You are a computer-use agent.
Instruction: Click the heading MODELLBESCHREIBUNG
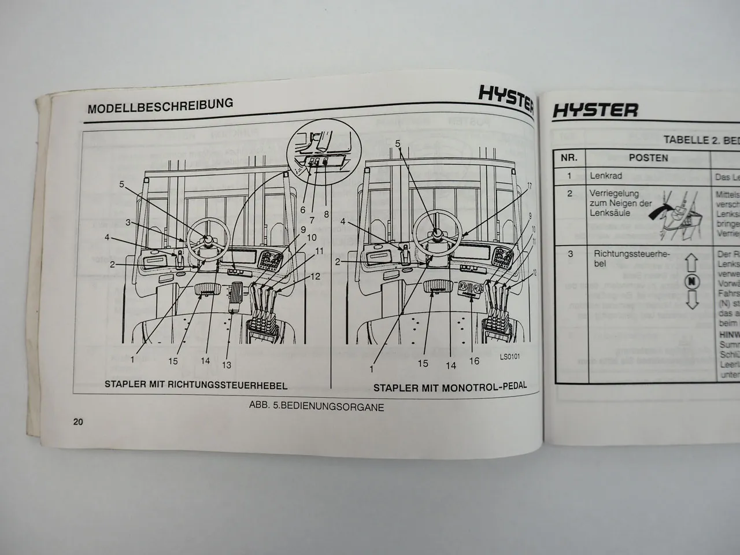click(x=160, y=106)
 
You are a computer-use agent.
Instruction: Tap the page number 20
click(x=78, y=421)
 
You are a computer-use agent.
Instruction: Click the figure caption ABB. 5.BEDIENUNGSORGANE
click(x=316, y=406)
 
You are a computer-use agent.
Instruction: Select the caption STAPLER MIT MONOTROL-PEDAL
click(x=450, y=387)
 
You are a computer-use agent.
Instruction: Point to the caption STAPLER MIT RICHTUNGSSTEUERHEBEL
click(x=195, y=385)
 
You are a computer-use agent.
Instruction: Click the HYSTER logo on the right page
click(x=595, y=110)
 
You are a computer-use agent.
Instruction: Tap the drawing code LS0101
click(x=510, y=357)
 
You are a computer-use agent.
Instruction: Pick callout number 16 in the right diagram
click(x=474, y=362)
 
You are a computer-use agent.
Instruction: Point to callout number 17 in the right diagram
click(x=528, y=186)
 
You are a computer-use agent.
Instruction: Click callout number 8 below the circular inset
click(x=326, y=214)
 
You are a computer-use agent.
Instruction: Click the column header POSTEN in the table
click(x=648, y=158)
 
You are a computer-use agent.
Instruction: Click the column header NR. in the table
click(x=569, y=158)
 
